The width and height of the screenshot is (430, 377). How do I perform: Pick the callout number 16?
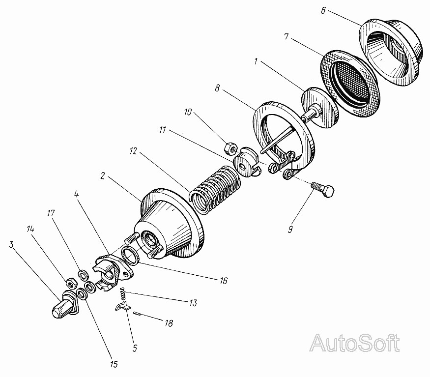pyautogui.click(x=224, y=281)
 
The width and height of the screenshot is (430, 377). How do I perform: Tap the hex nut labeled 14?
pyautogui.click(x=70, y=284)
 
